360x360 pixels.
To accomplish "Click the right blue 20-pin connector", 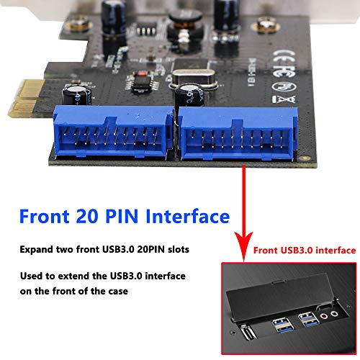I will coord(232,132).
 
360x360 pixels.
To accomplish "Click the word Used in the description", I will coord(32,277).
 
